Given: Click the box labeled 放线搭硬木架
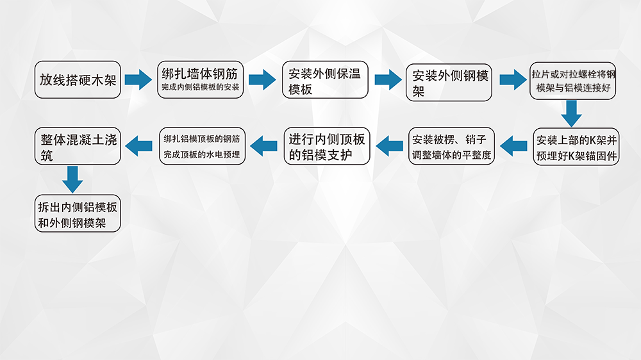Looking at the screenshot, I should click(x=78, y=80).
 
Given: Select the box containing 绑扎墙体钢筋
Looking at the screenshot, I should click(x=201, y=80).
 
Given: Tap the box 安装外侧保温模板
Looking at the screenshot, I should click(x=325, y=80).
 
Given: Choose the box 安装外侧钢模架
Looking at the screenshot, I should click(x=449, y=81).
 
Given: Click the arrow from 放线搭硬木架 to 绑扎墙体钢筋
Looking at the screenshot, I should click(x=138, y=81).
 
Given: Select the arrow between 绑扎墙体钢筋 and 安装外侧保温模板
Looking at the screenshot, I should click(x=262, y=81).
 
